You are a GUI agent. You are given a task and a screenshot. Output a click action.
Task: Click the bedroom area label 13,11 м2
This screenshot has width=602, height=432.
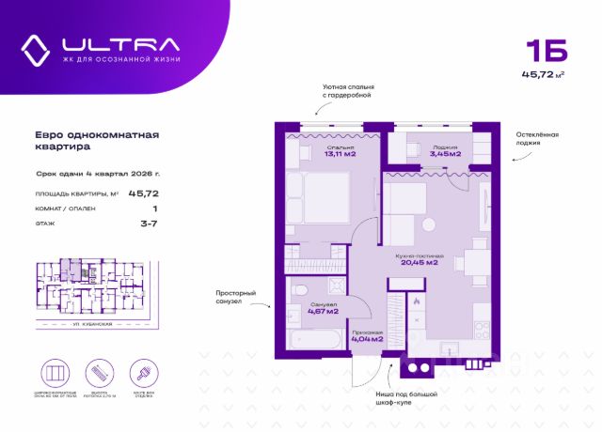click(x=314, y=155)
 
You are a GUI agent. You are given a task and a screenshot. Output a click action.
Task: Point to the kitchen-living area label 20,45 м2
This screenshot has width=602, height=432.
click(x=420, y=262)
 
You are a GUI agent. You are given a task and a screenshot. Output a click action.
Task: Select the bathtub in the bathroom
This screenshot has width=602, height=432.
click(x=314, y=339)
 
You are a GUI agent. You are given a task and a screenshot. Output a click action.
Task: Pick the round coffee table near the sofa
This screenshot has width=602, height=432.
click(x=430, y=224)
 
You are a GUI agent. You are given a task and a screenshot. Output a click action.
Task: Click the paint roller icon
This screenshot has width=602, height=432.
click(x=142, y=371)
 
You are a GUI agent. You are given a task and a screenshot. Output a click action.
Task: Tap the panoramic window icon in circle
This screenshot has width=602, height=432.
click(x=57, y=371)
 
